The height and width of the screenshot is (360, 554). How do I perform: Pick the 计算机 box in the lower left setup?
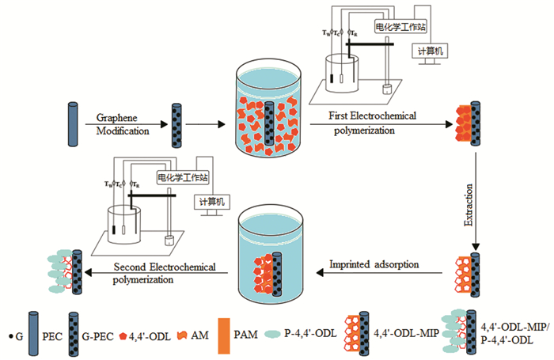pyautogui.click(x=211, y=203)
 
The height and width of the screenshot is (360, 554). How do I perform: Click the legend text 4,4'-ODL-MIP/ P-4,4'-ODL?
pyautogui.click(x=506, y=332)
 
